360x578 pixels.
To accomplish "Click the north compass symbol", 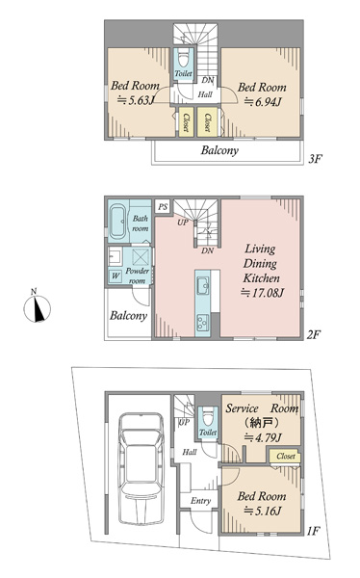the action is (x=37, y=308).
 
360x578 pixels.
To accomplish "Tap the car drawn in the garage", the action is (x=141, y=468).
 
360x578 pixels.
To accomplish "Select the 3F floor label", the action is (x=315, y=159).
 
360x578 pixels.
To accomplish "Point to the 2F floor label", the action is (x=314, y=334).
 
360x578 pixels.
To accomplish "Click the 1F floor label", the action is (x=313, y=531).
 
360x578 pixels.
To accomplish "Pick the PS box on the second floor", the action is (x=163, y=207).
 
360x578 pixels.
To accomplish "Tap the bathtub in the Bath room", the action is (x=118, y=223).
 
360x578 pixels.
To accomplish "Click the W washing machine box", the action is (x=116, y=276).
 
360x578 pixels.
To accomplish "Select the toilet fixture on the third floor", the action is (x=183, y=59).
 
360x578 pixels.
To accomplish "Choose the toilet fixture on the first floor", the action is (x=208, y=416).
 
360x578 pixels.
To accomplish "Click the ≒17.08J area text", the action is (x=262, y=293).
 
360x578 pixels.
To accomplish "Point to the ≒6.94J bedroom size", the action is (x=263, y=101).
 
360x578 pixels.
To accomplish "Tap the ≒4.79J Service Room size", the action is (x=263, y=437).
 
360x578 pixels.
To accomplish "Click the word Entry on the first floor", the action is (x=200, y=501).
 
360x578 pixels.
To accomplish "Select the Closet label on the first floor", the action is (x=286, y=456).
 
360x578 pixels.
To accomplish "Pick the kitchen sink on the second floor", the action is (x=203, y=285).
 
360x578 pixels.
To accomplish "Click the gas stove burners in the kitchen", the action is (x=202, y=322).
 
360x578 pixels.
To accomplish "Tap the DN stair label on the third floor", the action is (x=208, y=80).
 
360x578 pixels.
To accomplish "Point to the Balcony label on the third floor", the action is (x=219, y=150).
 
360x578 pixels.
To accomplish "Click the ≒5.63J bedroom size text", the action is (x=135, y=100).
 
